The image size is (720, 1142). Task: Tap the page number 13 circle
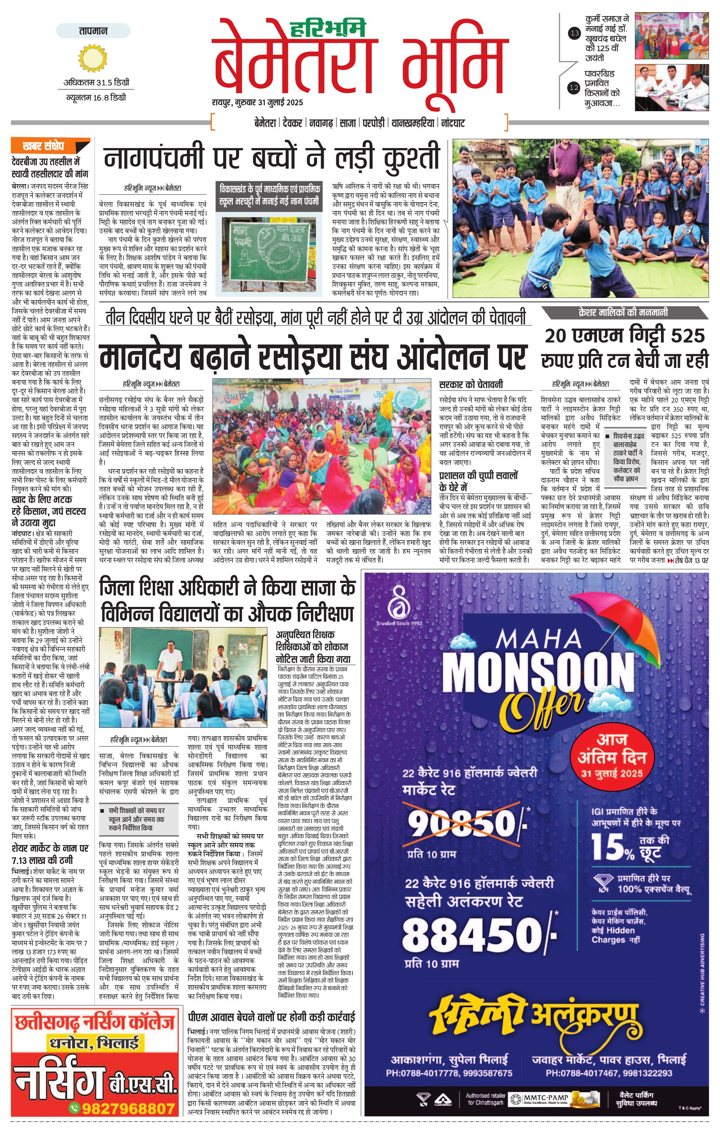tap(575, 33)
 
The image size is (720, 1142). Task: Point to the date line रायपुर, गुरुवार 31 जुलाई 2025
tap(257, 102)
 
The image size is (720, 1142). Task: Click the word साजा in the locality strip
tap(348, 123)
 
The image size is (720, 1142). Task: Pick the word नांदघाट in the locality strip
tap(453, 123)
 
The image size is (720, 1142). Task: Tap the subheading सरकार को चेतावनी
tap(471, 384)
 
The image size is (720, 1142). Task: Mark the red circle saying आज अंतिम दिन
tap(612, 756)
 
